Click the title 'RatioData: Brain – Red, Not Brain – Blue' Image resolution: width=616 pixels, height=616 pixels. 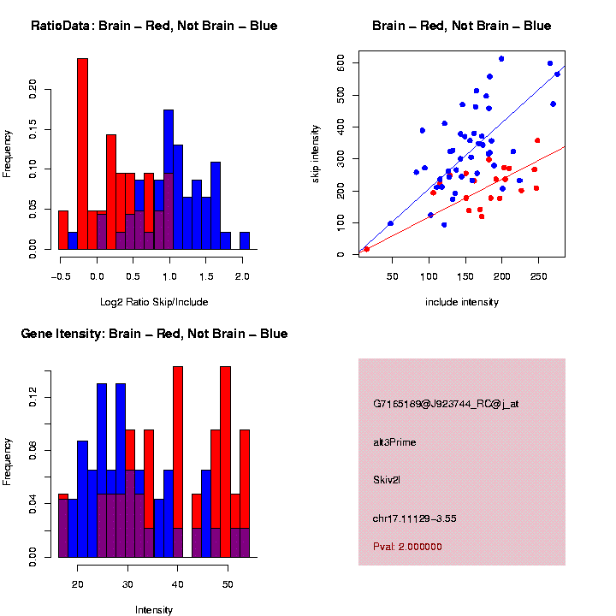pos(154,26)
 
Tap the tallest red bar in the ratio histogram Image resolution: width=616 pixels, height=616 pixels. pos(83,154)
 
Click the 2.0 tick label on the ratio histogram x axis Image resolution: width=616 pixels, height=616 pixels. pos(242,276)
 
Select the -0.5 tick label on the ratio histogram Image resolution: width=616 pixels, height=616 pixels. pos(59,276)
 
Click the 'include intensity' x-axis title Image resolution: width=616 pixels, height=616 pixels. pos(461,302)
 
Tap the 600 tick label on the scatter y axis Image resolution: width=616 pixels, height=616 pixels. pos(341,63)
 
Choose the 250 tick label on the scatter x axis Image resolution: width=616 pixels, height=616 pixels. pos(537,276)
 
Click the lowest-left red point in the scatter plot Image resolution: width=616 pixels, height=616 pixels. pos(366,249)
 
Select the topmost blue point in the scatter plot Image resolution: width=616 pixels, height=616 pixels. pos(501,59)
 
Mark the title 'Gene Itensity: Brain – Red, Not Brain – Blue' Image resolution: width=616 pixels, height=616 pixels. pos(154,334)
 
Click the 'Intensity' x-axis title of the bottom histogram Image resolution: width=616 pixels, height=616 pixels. pos(154,610)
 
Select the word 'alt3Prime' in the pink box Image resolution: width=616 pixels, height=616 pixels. pos(394,442)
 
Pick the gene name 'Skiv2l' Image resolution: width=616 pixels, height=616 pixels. pos(387,480)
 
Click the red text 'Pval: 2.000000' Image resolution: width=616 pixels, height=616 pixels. pos(407,546)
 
